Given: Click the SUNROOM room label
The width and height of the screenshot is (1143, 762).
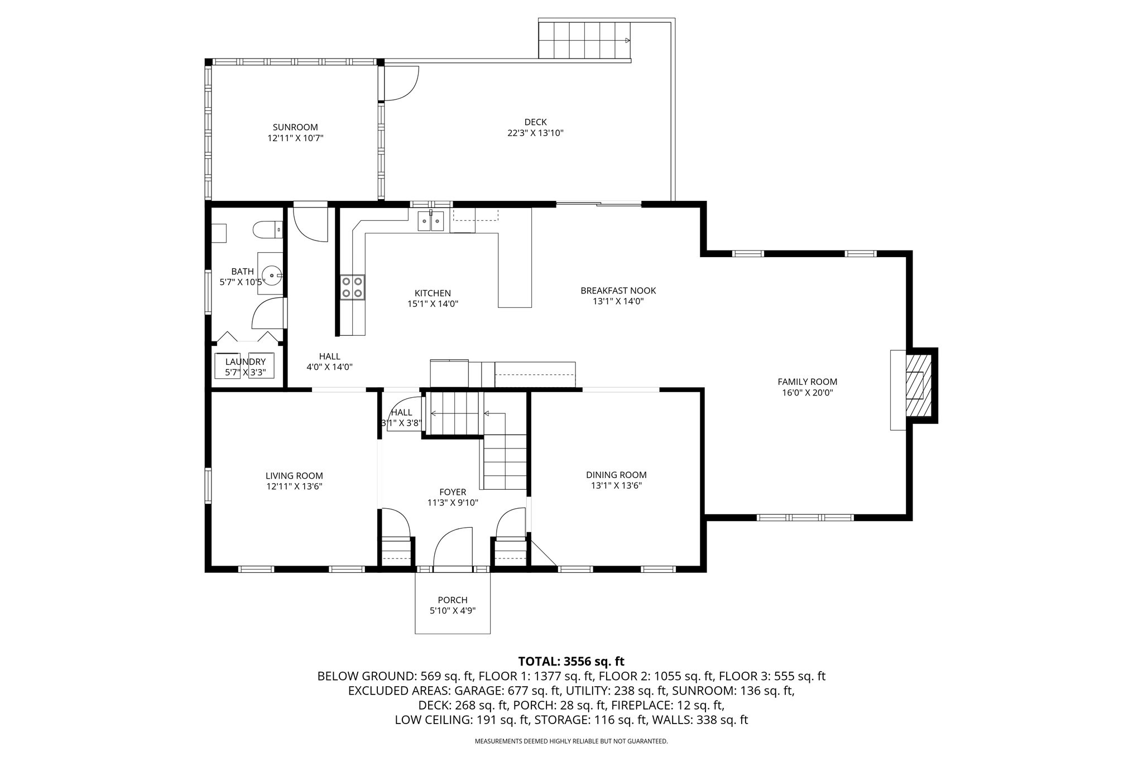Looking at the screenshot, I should click(x=295, y=127).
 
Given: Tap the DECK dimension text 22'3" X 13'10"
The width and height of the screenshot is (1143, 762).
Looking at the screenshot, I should click(x=535, y=133).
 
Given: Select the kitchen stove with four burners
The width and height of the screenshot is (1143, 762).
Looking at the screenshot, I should click(x=353, y=287).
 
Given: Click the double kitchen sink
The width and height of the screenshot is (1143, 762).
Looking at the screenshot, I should click(x=431, y=221).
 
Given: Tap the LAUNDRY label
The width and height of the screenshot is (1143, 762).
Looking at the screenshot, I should click(x=245, y=362).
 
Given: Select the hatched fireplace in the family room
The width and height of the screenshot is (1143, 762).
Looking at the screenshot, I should click(x=918, y=385).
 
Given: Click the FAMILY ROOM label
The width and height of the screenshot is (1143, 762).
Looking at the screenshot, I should click(x=807, y=382).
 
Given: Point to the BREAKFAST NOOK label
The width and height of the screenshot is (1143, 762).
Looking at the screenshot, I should click(x=618, y=291).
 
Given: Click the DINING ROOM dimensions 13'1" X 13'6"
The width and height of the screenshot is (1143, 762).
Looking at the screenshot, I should click(x=616, y=486).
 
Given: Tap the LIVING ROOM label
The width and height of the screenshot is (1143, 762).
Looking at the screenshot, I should click(x=294, y=476).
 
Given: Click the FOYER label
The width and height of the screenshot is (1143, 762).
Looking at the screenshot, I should click(x=453, y=492).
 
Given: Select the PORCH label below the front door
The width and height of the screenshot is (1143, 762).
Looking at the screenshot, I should click(x=453, y=600).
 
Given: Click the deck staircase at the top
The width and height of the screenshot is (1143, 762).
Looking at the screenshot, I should click(x=584, y=40).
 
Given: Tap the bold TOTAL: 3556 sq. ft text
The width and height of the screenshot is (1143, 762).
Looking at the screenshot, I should click(x=571, y=662).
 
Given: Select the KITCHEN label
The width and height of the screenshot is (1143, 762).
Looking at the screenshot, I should click(x=433, y=293).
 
